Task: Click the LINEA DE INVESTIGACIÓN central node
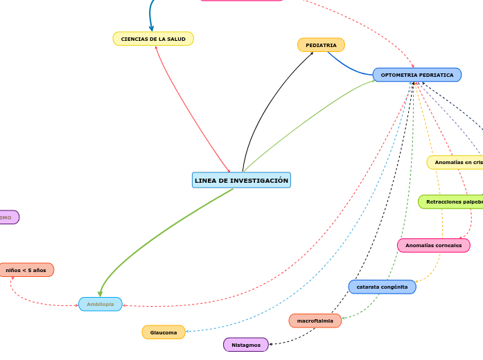(241, 180)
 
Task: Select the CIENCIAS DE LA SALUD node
(153, 39)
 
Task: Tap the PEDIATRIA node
(321, 45)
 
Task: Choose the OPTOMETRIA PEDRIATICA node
(417, 75)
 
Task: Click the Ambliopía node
(100, 304)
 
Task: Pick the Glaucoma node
(164, 332)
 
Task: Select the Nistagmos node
(246, 345)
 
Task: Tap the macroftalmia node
(315, 321)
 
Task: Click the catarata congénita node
(382, 287)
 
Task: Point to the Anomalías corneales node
(433, 245)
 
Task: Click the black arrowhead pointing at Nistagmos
(271, 343)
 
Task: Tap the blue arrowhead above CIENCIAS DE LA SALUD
(152, 28)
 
